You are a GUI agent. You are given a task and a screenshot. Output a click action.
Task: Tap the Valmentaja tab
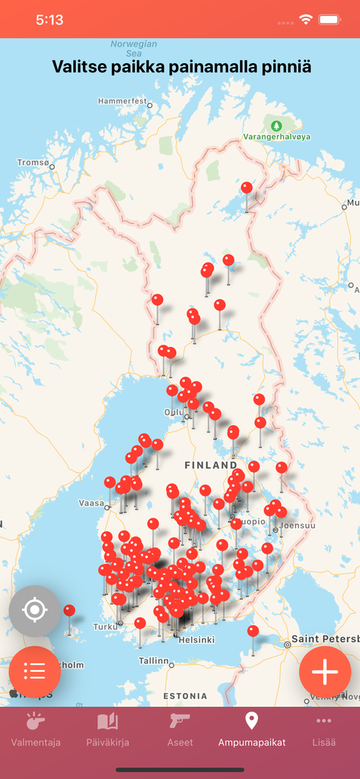(36, 730)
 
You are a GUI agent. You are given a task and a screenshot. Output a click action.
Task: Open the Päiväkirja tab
(107, 730)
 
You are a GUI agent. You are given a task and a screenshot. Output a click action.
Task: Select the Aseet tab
(180, 730)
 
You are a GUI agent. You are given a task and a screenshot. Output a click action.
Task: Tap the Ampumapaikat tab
(251, 730)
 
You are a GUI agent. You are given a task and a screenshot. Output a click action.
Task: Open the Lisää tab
(323, 730)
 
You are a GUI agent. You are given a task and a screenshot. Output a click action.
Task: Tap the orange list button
(34, 672)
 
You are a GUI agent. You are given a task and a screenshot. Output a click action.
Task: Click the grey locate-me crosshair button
(34, 611)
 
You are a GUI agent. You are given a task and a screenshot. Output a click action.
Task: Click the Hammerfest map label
(123, 100)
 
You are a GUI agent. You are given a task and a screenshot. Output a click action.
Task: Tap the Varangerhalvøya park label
(277, 136)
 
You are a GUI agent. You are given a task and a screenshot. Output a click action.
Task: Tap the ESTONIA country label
(186, 696)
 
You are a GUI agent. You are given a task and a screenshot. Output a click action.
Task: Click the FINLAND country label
(211, 465)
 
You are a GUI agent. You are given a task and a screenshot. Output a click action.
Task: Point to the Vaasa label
(92, 503)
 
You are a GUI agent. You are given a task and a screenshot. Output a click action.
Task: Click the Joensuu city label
(297, 525)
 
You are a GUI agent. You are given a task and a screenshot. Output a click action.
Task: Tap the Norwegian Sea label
(133, 49)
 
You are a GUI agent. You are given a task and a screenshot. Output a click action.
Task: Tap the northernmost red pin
(247, 187)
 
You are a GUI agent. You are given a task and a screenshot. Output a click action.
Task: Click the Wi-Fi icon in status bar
(306, 20)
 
